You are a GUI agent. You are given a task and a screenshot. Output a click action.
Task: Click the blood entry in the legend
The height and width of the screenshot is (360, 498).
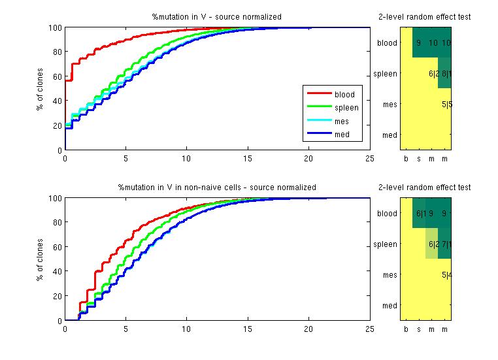click(344, 95)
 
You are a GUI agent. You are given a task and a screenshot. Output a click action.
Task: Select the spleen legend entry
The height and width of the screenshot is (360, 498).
click(346, 108)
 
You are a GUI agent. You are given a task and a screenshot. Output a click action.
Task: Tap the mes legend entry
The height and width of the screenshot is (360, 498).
click(342, 122)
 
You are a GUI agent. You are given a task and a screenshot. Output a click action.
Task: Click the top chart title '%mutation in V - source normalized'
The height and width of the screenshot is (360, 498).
click(217, 17)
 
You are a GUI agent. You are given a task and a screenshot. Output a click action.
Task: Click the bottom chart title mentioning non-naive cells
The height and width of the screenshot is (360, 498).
click(217, 188)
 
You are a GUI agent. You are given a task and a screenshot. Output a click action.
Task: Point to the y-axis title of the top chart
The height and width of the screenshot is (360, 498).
click(40, 89)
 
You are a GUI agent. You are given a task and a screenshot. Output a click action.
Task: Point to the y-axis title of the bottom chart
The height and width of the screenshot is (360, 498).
click(40, 259)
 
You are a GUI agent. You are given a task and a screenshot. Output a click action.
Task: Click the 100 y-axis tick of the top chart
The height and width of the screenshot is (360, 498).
click(55, 28)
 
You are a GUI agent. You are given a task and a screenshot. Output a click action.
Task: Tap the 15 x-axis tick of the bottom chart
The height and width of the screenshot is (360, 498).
click(248, 329)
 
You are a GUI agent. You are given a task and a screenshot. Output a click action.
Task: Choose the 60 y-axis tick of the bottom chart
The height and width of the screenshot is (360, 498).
click(57, 247)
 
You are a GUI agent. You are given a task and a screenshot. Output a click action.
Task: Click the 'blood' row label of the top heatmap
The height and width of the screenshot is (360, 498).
click(387, 43)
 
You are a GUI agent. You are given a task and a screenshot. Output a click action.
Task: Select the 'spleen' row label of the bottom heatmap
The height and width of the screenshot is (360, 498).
click(385, 244)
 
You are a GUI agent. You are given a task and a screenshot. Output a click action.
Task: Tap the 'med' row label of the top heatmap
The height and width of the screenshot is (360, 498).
click(390, 135)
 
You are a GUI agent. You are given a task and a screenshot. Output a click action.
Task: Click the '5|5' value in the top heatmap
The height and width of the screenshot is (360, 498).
click(447, 105)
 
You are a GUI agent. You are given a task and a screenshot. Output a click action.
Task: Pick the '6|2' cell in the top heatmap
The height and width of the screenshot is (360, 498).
click(433, 74)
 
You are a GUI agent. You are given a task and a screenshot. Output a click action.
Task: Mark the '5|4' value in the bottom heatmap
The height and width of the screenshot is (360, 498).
click(447, 275)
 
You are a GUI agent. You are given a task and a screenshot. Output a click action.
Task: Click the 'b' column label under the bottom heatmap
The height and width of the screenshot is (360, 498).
click(406, 329)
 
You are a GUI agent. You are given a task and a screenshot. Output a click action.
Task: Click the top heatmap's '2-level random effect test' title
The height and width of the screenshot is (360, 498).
click(424, 17)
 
